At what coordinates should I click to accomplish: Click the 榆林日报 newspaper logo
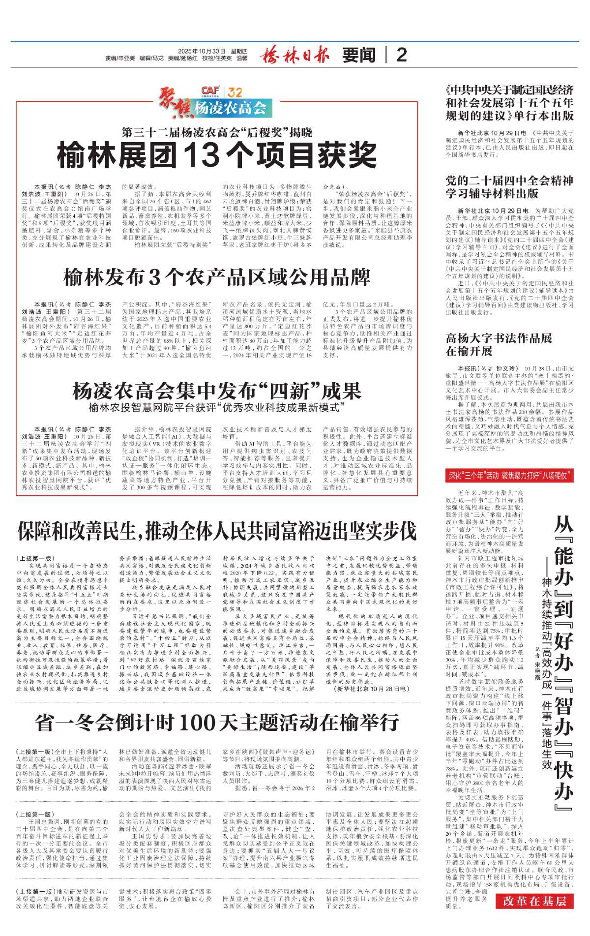coord(295,55)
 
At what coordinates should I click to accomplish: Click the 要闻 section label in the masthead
coord(359,55)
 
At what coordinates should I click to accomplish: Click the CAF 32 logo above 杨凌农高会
coord(222,92)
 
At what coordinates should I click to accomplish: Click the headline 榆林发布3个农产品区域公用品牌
coord(217,277)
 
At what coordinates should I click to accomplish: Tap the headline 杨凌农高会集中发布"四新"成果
coord(217,392)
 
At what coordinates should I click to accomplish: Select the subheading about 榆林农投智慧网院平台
coord(217,408)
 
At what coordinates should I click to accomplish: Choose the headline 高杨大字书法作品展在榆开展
coord(499,345)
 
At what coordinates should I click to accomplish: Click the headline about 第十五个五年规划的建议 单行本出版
coord(509,103)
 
